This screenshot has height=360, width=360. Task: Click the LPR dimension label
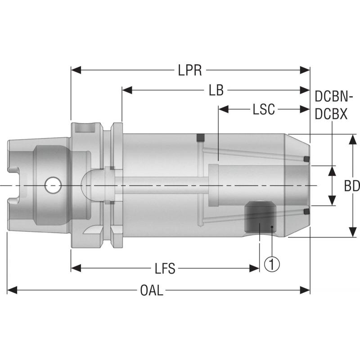pyautogui.click(x=189, y=70)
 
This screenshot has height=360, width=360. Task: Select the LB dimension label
pyautogui.click(x=216, y=90)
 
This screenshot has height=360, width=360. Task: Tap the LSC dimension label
pyautogui.click(x=264, y=109)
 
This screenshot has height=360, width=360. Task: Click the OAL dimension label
pyautogui.click(x=152, y=291)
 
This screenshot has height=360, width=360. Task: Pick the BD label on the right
pyautogui.click(x=351, y=186)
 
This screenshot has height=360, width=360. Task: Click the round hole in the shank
pyautogui.click(x=54, y=184)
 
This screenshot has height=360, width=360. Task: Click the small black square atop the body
pyautogui.click(x=200, y=137)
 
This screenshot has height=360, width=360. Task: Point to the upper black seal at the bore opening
pyautogui.click(x=306, y=159)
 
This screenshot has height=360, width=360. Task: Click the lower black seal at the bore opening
pyautogui.click(x=306, y=211)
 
